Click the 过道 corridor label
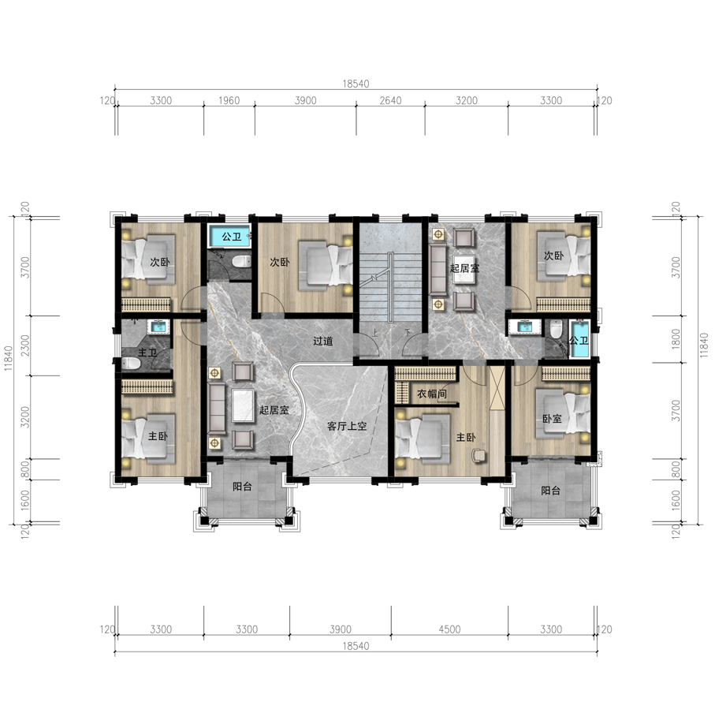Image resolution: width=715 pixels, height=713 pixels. (x=323, y=341)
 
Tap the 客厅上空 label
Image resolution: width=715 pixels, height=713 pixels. (x=347, y=426)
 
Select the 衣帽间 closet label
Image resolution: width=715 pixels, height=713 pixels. (x=431, y=394)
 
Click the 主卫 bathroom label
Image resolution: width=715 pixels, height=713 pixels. (x=147, y=353)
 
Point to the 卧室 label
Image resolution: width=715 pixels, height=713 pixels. (x=552, y=418)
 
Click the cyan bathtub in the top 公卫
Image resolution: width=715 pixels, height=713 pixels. (x=230, y=236)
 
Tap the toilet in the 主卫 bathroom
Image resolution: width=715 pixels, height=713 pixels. (x=131, y=363)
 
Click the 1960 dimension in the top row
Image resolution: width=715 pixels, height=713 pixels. (x=229, y=100)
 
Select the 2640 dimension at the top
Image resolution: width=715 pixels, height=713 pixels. (x=391, y=100)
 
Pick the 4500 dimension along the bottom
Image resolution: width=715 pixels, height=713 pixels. (x=449, y=629)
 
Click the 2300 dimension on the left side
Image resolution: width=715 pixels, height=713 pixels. (x=25, y=345)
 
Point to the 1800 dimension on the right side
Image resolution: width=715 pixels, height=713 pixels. (x=676, y=339)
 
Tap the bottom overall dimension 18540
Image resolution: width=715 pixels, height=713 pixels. (x=356, y=646)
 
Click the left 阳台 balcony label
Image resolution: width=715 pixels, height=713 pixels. (x=242, y=487)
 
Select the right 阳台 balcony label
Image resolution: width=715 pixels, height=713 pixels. (x=550, y=491)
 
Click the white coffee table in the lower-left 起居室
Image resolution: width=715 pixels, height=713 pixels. (x=243, y=405)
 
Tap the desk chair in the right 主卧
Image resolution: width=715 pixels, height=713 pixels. (x=479, y=455)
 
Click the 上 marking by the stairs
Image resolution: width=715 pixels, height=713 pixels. (x=374, y=333)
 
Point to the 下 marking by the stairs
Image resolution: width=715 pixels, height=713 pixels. (x=408, y=333)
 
